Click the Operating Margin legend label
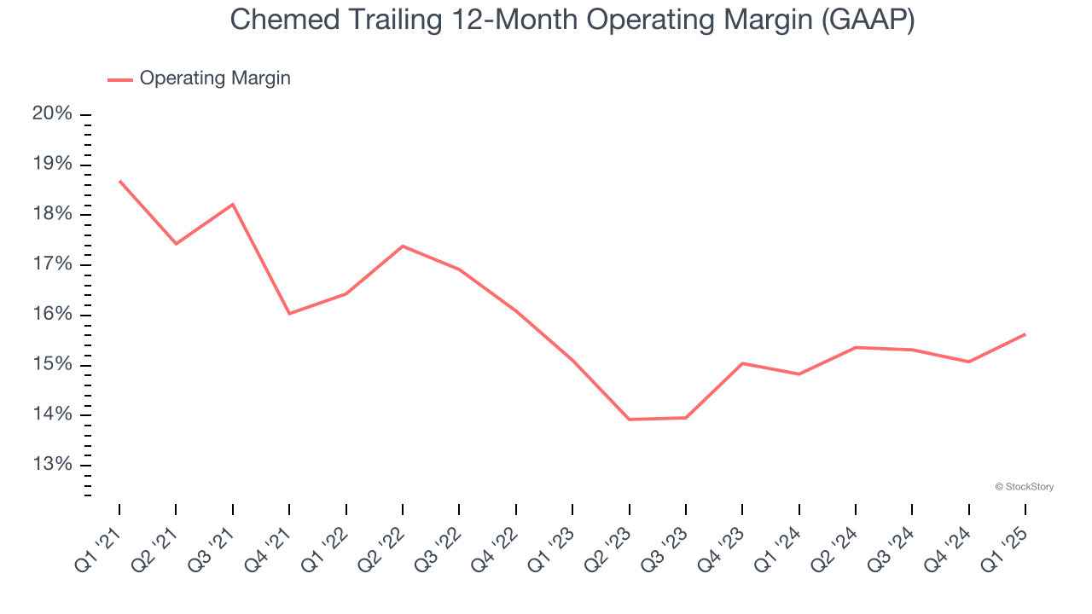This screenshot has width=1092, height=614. [x=215, y=78]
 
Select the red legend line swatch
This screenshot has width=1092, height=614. [x=119, y=79]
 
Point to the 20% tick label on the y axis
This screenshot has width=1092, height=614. [x=52, y=114]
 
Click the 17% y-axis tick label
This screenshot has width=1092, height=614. [x=52, y=264]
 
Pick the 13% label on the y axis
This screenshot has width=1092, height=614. [x=52, y=465]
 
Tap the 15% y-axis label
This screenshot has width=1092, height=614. [x=52, y=365]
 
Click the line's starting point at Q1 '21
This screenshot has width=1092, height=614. [x=119, y=181]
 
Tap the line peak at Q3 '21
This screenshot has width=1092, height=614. [x=233, y=204]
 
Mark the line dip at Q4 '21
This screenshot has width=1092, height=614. [x=289, y=314]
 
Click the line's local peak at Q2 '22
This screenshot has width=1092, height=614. [x=403, y=246]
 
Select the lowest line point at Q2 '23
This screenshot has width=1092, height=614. [x=629, y=420]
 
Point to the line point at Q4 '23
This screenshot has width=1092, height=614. [x=742, y=363]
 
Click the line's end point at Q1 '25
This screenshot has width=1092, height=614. [x=1025, y=334]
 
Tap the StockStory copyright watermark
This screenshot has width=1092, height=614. [x=1024, y=487]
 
